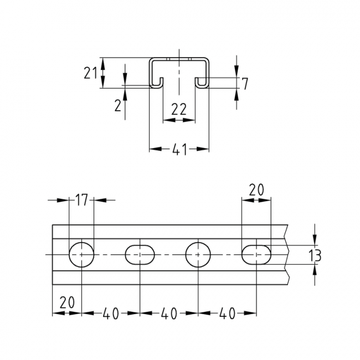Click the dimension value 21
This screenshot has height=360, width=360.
pos(92,73)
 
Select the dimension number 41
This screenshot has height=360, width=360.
pos(179,149)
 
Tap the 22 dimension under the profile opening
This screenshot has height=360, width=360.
pos(178,110)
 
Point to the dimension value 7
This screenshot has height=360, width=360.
pos(245,84)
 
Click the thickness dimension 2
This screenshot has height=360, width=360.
pos(117,105)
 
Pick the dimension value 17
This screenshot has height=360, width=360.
pos(81,200)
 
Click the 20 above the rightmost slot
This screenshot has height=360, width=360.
pos(256,189)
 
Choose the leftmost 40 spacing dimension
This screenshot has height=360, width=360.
pos(111,313)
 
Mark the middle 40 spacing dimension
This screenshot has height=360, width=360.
pos(169,313)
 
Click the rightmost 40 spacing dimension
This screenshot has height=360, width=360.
pos(227,313)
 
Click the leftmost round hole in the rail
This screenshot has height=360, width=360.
pos(81,255)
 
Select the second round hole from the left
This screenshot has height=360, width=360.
pos(198,255)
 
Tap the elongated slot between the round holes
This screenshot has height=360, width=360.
pos(140,255)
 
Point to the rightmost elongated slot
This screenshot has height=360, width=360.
pos(257,255)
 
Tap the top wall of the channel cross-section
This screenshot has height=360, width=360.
pos(179,58)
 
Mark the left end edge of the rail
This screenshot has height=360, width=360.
pos(53,255)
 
